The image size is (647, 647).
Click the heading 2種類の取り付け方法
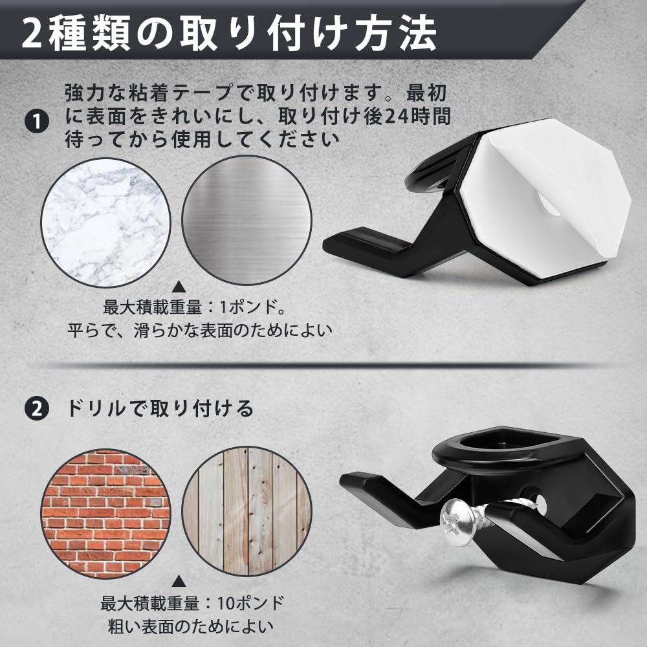[x=229, y=33]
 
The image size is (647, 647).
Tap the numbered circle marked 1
[x=37, y=122]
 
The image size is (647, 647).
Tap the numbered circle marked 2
[x=37, y=409]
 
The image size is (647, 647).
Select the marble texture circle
[x=105, y=223]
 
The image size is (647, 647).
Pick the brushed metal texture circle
[x=247, y=220]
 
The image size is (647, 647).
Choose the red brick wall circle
[x=105, y=514]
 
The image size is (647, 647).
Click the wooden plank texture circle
[x=247, y=511]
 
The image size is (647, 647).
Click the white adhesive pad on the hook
[x=545, y=198]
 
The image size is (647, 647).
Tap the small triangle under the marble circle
[x=179, y=287]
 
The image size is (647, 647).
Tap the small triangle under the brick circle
[x=179, y=582]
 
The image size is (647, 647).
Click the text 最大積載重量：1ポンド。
[x=195, y=307]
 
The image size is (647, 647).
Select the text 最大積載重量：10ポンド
[x=192, y=604]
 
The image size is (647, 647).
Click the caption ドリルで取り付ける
[x=160, y=408]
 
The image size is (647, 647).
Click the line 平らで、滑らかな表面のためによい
[x=200, y=330]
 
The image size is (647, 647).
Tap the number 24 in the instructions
[x=395, y=116]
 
